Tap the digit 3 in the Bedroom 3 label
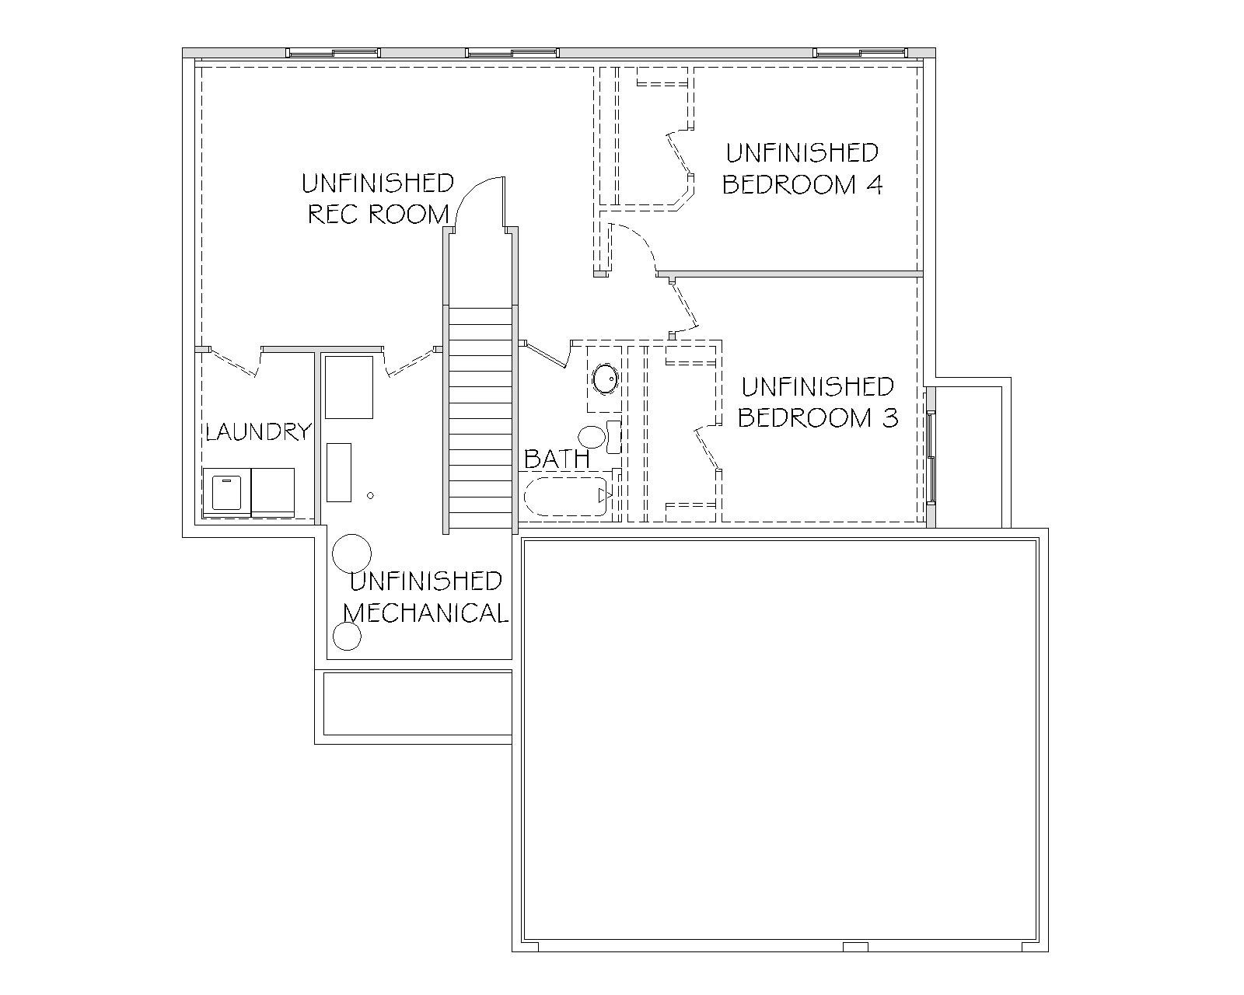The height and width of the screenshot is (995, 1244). coord(890,418)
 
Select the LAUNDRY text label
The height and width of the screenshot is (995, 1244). coord(259,432)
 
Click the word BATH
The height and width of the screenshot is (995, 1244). coord(557,459)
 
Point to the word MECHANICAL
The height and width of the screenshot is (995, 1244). coord(426,613)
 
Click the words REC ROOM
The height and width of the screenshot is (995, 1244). coord(379,215)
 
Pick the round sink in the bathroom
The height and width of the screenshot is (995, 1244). coord(606,379)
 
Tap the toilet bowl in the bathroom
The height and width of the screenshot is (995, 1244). coord(592,437)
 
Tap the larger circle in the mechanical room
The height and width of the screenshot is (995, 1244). coord(351,553)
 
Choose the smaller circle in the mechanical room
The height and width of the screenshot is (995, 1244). coord(348,637)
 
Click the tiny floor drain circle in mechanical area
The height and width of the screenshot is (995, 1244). coord(371,495)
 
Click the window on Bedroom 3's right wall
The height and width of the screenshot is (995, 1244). coord(931,457)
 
